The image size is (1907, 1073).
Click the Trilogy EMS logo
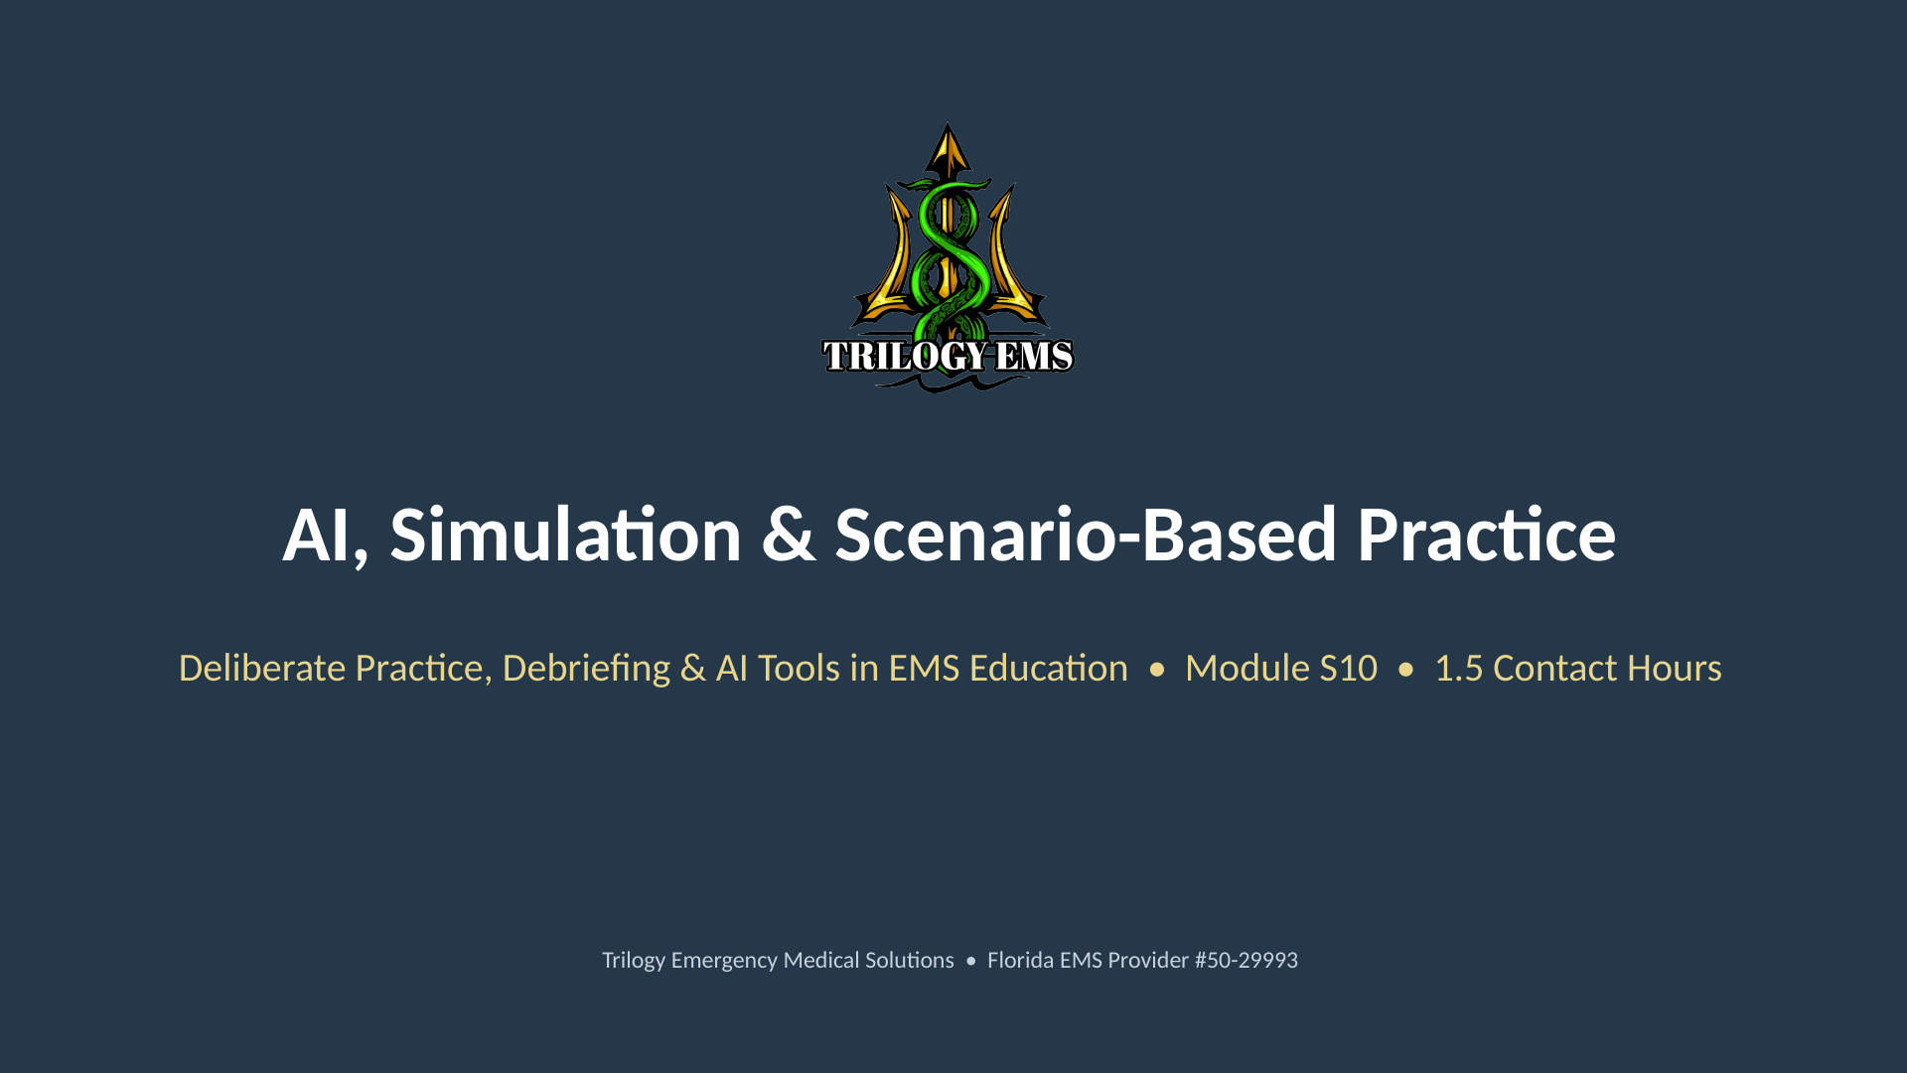click(x=949, y=257)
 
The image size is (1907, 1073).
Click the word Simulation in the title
click(x=566, y=536)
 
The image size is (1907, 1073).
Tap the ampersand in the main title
click(x=789, y=536)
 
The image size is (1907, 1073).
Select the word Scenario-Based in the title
click(x=1086, y=536)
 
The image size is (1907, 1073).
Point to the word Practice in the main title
click(x=1487, y=536)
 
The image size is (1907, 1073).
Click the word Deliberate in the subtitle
click(x=262, y=669)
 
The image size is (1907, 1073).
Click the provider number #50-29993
click(x=1246, y=961)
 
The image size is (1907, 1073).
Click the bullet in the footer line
click(x=970, y=962)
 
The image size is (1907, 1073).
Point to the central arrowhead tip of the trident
click(x=949, y=124)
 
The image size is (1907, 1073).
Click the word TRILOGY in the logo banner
click(x=905, y=356)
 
